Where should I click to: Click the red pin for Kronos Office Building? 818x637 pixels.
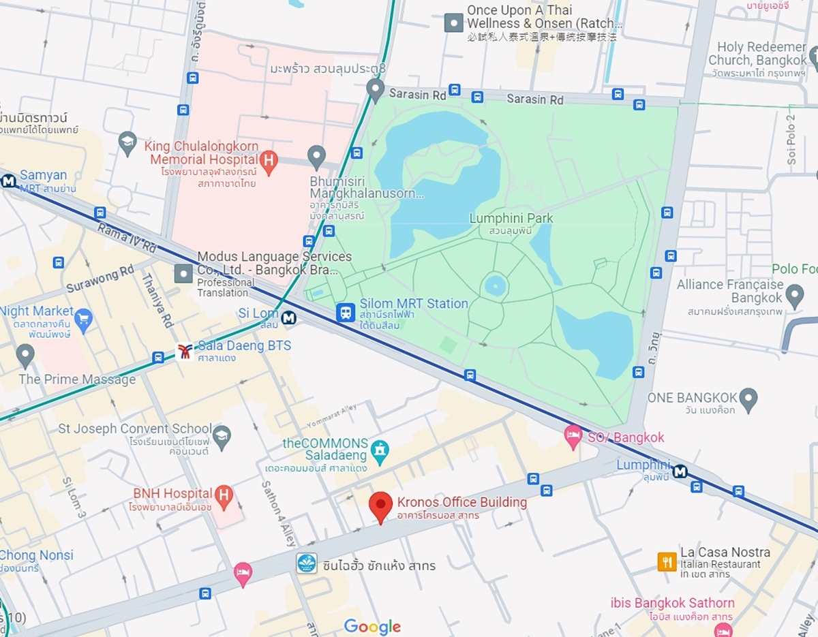(380, 506)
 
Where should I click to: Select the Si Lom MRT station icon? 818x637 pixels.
(289, 317)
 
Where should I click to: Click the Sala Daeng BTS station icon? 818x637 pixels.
(184, 352)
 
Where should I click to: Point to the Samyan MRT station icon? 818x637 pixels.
(9, 181)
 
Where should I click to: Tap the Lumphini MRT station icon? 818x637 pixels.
(680, 471)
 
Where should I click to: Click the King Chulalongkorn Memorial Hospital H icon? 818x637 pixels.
(270, 161)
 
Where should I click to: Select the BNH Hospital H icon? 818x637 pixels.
(224, 495)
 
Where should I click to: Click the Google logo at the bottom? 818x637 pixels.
(372, 626)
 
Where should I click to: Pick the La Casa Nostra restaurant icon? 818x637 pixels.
(667, 561)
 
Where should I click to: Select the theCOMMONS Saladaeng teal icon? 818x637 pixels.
(380, 450)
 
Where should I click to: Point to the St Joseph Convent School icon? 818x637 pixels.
(222, 435)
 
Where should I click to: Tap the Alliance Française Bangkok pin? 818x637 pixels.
(794, 295)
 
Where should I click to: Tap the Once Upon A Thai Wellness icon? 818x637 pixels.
(454, 22)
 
